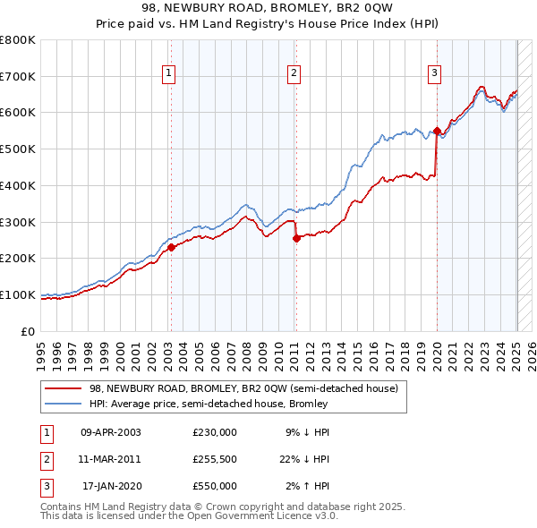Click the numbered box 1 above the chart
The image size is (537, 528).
point(169,74)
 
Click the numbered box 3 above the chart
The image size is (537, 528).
point(434,74)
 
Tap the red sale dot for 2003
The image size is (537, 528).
point(171,247)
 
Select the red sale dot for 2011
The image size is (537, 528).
point(295,238)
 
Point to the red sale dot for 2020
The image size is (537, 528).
point(437,131)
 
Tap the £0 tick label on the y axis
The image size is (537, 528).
point(27,331)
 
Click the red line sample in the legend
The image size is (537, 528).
point(64,388)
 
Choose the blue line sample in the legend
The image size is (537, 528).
point(64,404)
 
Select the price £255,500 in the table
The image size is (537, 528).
point(215,459)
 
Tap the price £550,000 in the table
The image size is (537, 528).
point(215,486)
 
